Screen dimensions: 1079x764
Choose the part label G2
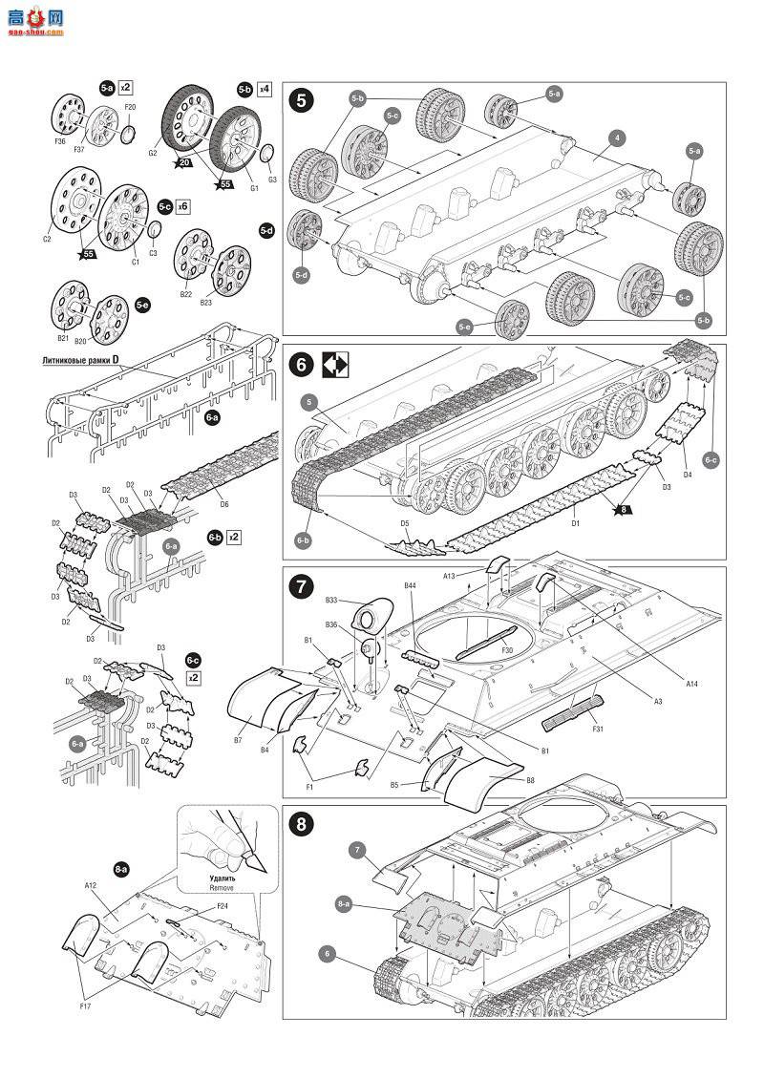point(153,151)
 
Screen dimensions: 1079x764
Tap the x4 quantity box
point(264,89)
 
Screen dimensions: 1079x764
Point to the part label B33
point(331,601)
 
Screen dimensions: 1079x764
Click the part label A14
point(691,683)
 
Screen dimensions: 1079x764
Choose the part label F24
point(222,905)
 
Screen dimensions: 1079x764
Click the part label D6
point(224,504)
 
